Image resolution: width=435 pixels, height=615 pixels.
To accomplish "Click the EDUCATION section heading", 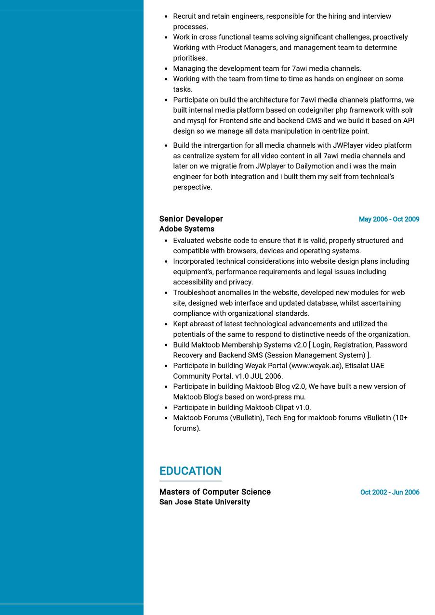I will point(190,471).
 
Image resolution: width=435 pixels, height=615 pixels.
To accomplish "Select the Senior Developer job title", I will point(191,219).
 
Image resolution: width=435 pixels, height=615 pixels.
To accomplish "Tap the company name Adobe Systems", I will point(187,229).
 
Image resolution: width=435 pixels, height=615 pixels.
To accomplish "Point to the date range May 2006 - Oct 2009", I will point(389,219).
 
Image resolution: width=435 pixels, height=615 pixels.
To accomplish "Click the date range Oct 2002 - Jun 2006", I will point(390,492).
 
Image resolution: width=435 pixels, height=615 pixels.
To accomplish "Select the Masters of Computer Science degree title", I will point(215,492).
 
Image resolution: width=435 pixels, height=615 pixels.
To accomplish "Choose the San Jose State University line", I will point(205,502).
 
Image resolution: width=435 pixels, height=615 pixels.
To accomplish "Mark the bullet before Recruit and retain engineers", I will point(166,16).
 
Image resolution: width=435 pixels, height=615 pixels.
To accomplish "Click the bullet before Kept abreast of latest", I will point(166,324).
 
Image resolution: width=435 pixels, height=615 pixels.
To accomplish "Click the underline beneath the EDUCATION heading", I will point(190,481).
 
